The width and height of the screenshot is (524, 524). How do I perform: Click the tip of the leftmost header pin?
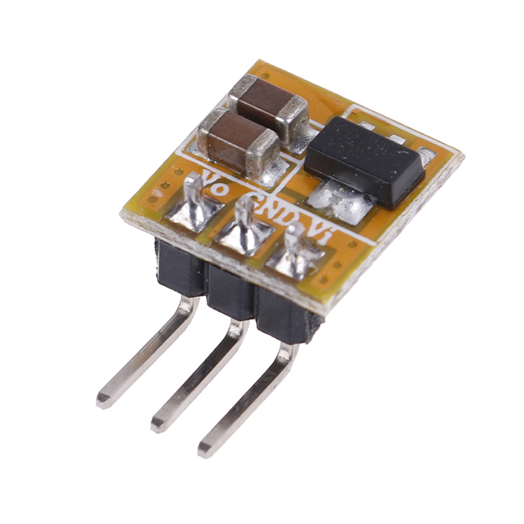point(102,400)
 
